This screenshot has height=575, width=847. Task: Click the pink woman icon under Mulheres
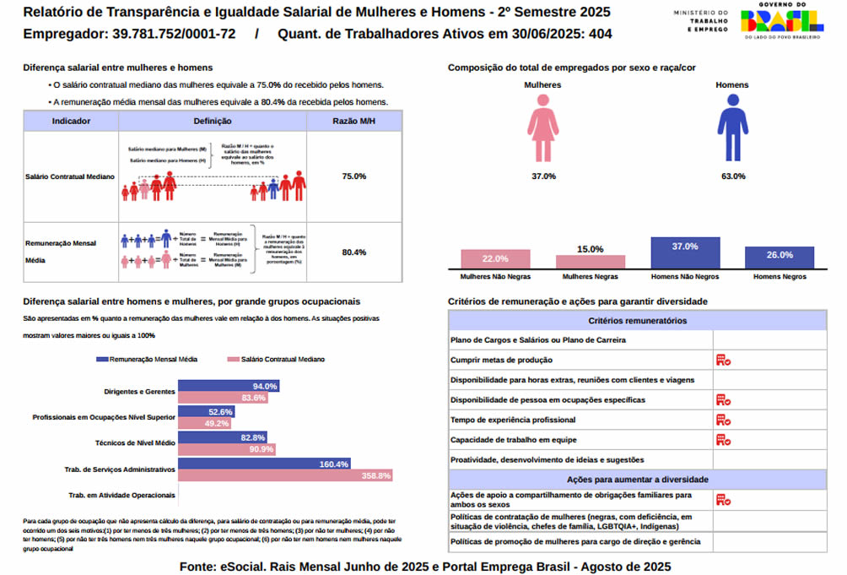(543, 127)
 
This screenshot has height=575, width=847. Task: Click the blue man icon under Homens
(732, 127)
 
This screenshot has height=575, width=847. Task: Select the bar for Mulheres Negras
(591, 262)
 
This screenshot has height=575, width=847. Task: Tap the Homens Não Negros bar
(685, 253)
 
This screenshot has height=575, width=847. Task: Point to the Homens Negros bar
(779, 258)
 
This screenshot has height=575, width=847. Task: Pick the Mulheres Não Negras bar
(495, 259)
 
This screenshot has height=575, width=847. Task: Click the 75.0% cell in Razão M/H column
(354, 176)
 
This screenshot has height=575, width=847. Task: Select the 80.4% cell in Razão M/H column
(354, 252)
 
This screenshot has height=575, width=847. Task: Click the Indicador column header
(72, 122)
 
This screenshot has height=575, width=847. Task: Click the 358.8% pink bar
(286, 476)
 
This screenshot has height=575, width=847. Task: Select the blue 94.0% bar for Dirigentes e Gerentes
(229, 386)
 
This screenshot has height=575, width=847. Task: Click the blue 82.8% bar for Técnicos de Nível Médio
(224, 437)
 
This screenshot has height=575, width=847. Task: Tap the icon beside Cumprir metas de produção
(723, 360)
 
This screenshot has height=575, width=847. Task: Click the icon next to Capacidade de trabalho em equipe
(723, 439)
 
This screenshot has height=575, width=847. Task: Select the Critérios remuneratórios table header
(637, 321)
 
